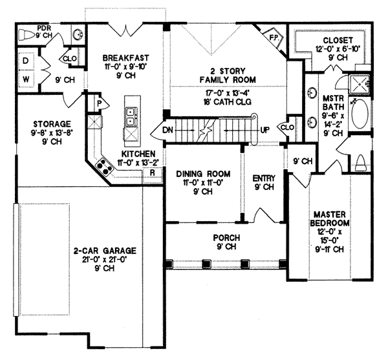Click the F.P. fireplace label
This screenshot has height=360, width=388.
[273, 37]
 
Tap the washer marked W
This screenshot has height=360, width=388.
[26, 79]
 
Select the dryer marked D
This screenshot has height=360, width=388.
[26, 61]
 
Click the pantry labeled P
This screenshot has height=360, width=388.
[99, 103]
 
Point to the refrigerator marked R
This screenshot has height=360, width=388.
[153, 173]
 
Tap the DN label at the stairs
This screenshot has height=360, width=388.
[168, 129]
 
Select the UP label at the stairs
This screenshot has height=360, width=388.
[264, 129]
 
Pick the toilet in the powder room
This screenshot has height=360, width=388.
[28, 35]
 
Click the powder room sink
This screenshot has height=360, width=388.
[79, 35]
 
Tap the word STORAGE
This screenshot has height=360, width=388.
[52, 123]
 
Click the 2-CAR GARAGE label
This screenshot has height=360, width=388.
[105, 251]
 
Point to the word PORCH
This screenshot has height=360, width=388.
[226, 238]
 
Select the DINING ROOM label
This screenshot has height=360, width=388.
[203, 174]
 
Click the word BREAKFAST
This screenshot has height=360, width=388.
[126, 58]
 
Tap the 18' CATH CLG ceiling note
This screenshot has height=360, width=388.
[228, 101]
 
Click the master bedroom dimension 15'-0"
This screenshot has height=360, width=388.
[329, 240]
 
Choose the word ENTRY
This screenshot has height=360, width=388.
[264, 178]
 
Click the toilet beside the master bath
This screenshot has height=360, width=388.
[360, 163]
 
